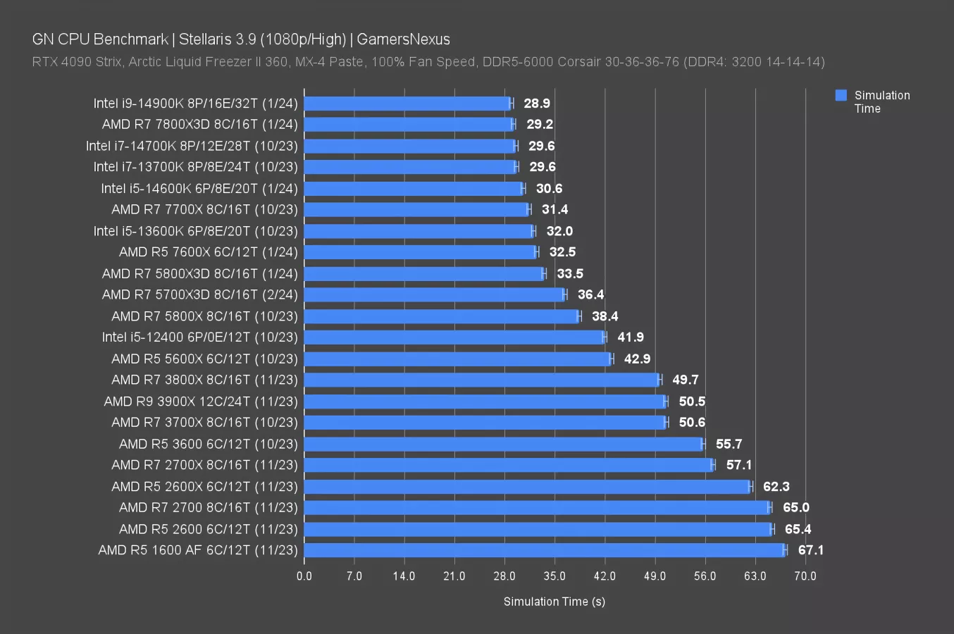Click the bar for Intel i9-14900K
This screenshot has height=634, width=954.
coord(407,104)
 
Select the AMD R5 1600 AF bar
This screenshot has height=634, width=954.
coord(544,550)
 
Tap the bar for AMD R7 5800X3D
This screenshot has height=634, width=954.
coord(424,273)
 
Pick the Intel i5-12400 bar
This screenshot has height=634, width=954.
coord(454,337)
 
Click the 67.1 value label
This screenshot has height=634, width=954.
coord(810,550)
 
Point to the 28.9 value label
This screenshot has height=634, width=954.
coord(537,104)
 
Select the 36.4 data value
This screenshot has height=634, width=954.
coord(590,294)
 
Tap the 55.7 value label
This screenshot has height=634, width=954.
coord(729,444)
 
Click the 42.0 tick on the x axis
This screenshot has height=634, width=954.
coord(605,576)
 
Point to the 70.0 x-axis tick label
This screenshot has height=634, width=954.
coord(805,576)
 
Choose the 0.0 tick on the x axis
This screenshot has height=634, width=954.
coord(304,576)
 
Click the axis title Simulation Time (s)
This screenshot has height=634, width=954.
coord(555,602)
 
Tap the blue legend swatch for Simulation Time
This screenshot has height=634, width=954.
coord(841,96)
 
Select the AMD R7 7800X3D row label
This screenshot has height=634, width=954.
coord(200,125)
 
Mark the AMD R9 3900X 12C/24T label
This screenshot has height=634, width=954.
coord(201,402)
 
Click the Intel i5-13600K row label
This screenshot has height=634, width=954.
coord(196,231)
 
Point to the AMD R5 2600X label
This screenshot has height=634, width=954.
coord(204,486)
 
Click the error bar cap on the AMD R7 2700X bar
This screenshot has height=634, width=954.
coord(713,465)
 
